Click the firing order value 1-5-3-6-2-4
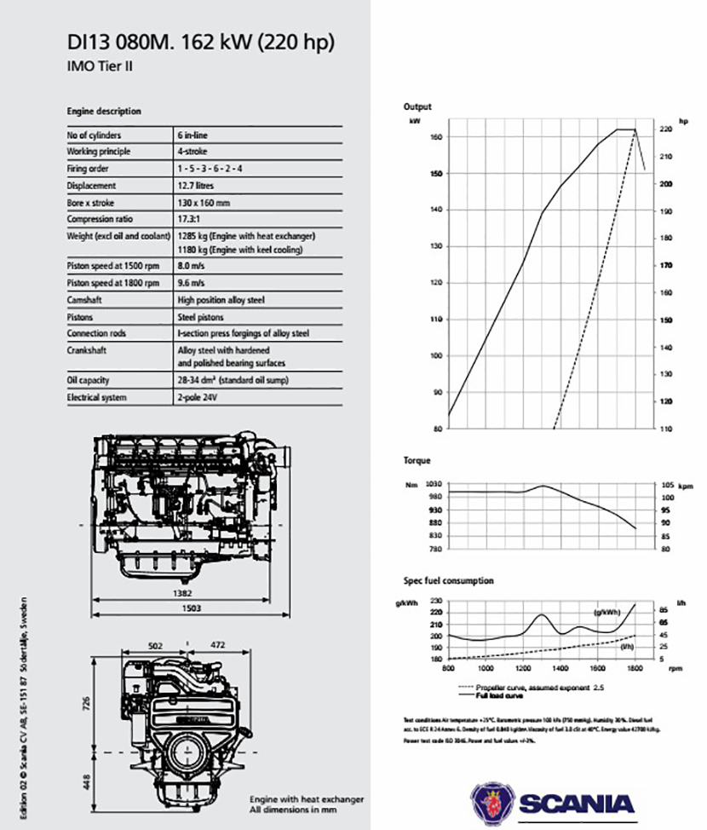tap(210, 169)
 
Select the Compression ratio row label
tap(96, 219)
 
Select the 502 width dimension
tap(154, 646)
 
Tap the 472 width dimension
tap(216, 646)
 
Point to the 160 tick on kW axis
tap(435, 136)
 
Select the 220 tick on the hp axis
tap(665, 129)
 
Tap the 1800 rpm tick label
tap(635, 669)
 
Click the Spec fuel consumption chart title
tap(448, 581)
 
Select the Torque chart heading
tap(417, 460)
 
